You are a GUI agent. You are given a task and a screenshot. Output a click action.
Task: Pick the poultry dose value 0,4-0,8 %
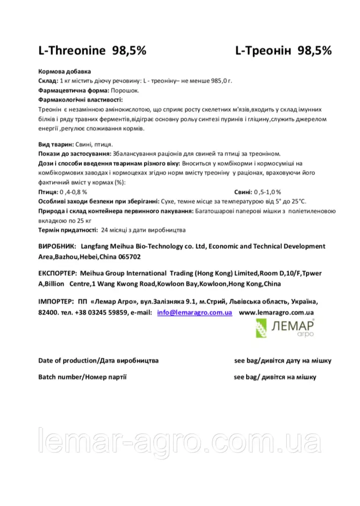[73, 192]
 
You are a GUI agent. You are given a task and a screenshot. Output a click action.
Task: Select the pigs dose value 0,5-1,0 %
[267, 192]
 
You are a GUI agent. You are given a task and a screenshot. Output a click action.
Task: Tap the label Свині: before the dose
[243, 192]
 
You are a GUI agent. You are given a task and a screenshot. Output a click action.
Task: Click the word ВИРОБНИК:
[57, 246]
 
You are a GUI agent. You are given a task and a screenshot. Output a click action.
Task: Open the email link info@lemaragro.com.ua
[195, 313]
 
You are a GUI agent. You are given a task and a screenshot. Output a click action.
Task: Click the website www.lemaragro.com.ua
[277, 313]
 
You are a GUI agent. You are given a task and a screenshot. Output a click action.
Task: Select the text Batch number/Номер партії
[82, 377]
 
